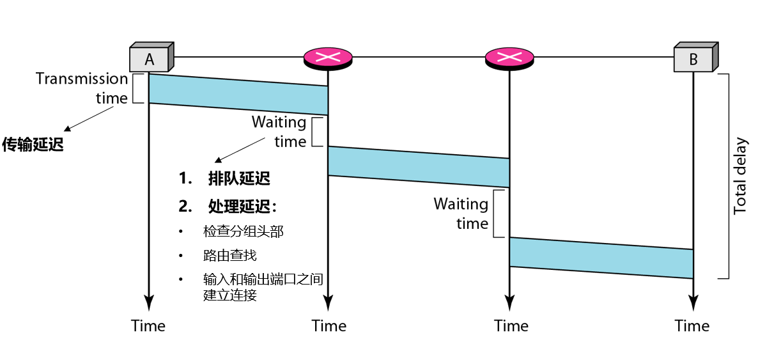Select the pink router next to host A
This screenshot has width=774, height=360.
click(328, 58)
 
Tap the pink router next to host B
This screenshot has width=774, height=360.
click(509, 58)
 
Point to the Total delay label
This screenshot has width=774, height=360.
click(740, 176)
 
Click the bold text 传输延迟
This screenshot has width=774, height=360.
click(33, 145)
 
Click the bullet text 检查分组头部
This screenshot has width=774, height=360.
click(243, 231)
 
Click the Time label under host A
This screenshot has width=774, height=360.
click(148, 325)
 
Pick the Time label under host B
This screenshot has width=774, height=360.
click(692, 325)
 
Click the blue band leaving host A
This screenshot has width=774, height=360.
click(238, 94)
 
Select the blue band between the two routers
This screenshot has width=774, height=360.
click(419, 166)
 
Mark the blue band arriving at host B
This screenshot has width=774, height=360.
click(601, 257)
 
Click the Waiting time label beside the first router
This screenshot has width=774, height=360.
click(279, 131)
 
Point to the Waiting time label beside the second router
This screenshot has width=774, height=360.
click(461, 214)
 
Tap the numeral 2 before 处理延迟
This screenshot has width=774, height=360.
click(185, 207)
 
